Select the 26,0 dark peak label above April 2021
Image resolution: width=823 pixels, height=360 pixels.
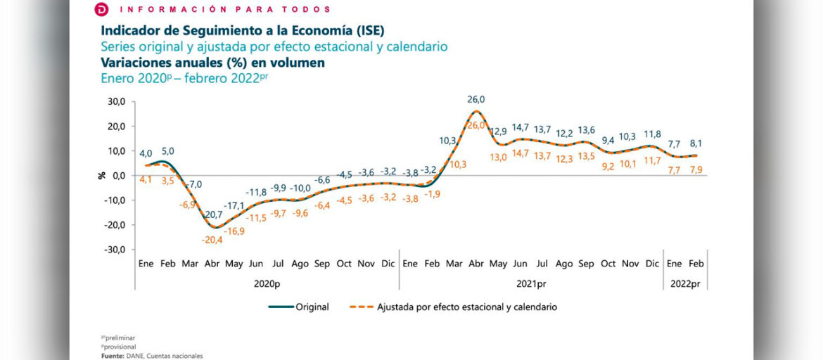476,100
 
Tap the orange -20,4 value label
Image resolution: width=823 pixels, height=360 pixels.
212,239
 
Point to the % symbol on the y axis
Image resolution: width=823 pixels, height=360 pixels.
101,175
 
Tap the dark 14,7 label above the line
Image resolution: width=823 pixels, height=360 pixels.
520,127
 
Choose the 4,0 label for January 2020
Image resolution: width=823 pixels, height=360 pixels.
146,153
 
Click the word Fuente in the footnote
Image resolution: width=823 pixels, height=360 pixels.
113,356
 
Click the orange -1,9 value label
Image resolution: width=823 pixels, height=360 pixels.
433,194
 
